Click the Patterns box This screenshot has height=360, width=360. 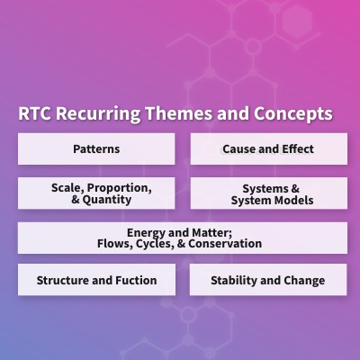coord(96,148)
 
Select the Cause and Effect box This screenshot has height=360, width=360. coord(268,148)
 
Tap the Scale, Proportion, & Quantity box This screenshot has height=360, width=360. coord(96,193)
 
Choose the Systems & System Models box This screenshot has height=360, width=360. coord(268,193)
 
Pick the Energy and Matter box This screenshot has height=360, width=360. coord(182,238)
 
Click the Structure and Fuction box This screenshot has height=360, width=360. coord(96,280)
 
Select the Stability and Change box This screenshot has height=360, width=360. coord(268,280)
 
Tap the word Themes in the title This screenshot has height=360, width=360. coord(183,115)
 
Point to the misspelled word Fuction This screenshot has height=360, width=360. coord(136,280)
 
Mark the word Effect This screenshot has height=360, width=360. coord(297,148)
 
